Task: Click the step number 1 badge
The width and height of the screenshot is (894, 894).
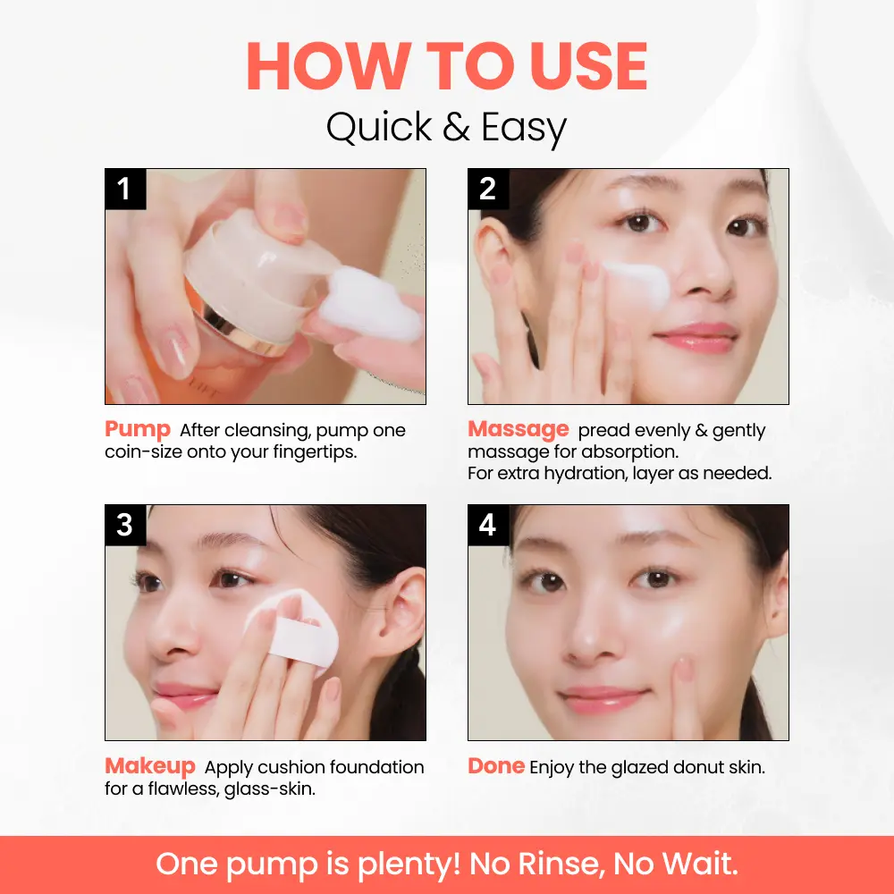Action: (x=125, y=189)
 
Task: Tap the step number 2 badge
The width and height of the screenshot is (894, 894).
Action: (x=488, y=189)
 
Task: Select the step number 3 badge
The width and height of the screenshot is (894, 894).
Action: (x=125, y=525)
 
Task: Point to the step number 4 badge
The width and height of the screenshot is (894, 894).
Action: (x=488, y=525)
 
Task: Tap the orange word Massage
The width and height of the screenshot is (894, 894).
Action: (x=519, y=430)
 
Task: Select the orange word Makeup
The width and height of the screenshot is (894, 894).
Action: (x=150, y=767)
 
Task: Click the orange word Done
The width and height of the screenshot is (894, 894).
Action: (x=496, y=766)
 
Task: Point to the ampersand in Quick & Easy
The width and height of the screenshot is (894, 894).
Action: (x=456, y=126)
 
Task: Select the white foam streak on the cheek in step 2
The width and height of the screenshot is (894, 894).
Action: (x=637, y=284)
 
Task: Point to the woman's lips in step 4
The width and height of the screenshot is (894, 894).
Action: (x=603, y=700)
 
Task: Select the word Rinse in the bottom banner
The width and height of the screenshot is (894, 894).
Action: (x=561, y=864)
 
